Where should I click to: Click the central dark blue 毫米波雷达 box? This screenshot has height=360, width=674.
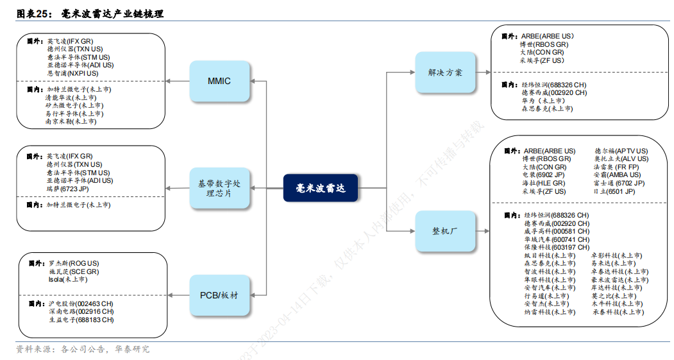coord(320,188)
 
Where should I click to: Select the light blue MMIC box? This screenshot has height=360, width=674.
coord(219,81)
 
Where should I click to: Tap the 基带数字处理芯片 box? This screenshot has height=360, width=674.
coord(219,188)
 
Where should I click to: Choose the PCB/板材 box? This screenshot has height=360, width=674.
coord(219,295)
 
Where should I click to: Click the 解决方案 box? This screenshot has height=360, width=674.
coord(445,73)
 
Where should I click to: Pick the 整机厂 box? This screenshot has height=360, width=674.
coord(445,230)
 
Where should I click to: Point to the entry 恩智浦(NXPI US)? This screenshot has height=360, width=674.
coord(72,73)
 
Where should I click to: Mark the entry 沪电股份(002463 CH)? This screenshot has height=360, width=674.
coord(81,304)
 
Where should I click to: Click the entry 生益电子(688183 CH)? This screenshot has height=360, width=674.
coord(81,320)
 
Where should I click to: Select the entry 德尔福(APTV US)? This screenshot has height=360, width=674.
coord(621,151)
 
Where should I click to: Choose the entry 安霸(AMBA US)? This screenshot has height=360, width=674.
coord(616,175)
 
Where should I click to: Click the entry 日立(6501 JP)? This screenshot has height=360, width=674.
coord(614,191)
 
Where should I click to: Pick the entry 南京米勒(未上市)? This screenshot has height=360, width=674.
coord(71,121)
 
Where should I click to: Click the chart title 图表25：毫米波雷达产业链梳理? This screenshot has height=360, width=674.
coord(90,13)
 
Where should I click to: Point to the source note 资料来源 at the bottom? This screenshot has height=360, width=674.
coord(83,349)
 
